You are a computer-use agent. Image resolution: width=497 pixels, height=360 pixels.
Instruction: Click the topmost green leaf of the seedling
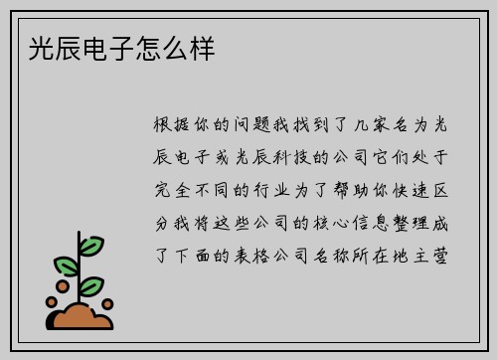(x=90, y=243)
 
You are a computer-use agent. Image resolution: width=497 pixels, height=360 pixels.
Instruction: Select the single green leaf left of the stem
(x=65, y=265)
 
